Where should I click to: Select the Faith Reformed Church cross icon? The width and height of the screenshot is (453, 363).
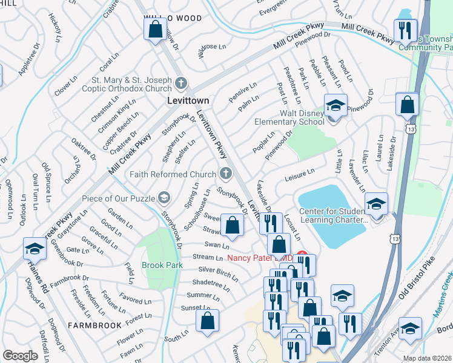pyautogui.click(x=225, y=174)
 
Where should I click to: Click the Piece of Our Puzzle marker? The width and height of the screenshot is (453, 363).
pyautogui.click(x=163, y=197)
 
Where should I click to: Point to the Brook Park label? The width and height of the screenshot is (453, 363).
pyautogui.click(x=162, y=265)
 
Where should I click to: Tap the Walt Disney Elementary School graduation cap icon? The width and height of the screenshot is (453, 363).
pyautogui.click(x=335, y=106)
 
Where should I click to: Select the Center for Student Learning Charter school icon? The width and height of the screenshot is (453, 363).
pyautogui.click(x=376, y=205)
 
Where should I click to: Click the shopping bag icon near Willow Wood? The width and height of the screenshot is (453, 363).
pyautogui.click(x=155, y=28)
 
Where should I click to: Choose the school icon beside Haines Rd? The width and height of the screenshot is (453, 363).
pyautogui.click(x=35, y=249)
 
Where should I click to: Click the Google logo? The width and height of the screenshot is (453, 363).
pyautogui.click(x=20, y=356)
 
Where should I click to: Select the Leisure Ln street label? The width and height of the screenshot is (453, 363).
pyautogui.click(x=299, y=175)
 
